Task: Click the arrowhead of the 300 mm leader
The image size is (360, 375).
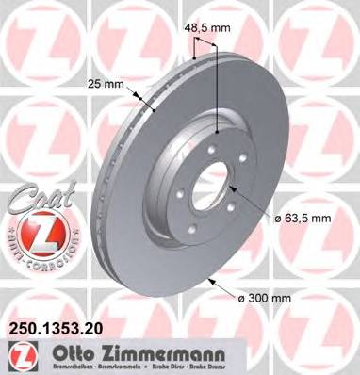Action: point(207,280)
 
